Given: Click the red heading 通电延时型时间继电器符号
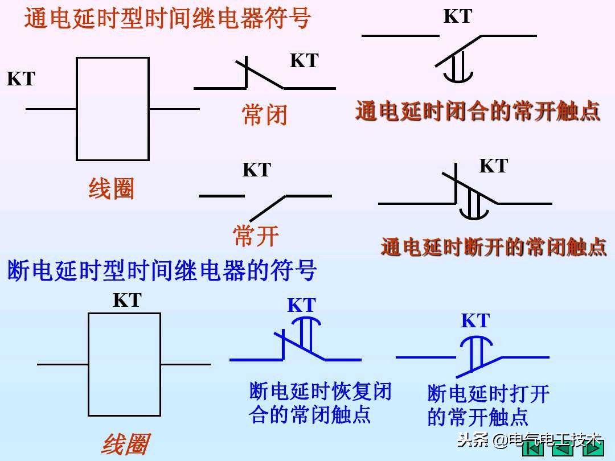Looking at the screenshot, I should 167,18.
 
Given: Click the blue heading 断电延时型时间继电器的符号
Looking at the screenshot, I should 162,270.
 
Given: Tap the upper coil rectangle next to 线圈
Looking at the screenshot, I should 113,108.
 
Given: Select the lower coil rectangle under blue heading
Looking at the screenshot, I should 124,364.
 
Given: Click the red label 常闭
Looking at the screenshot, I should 264,116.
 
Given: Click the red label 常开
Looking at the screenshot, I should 256,236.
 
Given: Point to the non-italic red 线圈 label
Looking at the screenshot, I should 111,189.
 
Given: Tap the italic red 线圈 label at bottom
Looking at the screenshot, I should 125,444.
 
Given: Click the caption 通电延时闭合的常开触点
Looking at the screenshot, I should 477,111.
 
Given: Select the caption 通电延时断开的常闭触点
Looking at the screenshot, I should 493,246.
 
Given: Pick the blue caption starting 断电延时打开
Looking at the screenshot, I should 487,405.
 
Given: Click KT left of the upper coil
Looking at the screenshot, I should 21,79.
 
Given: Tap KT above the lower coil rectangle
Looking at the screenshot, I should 127,300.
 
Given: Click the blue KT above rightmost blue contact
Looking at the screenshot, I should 475,321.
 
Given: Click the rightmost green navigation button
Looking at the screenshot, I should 593,450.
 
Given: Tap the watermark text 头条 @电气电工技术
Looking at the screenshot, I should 530,440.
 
